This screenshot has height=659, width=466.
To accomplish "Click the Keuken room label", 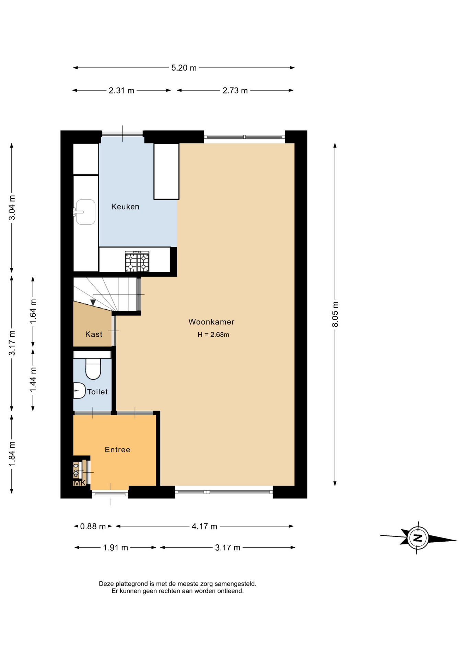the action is coord(125,207).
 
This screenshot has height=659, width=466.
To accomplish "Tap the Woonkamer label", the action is coord(211,322).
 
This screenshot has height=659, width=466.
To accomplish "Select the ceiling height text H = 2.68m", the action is coord(213,335).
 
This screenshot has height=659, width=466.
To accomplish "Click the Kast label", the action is coord(94,334).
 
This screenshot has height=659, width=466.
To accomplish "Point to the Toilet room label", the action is coord(97,392).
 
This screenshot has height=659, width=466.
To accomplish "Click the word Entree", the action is coord(117,450).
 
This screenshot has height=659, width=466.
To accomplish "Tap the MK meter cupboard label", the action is coord(80,483).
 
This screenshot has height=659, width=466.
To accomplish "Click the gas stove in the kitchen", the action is coord(137,262).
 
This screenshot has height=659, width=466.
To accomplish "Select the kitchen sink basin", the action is coord(85,212).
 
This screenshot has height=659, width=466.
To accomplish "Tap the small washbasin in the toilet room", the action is coord(79,391).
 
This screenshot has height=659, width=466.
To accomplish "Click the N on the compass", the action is coord(418,538).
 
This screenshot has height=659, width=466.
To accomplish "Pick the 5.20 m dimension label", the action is coord(184,68).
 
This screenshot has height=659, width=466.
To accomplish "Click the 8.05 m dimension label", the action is coord(335,314).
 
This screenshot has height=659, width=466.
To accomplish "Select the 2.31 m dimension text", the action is coord(121,91).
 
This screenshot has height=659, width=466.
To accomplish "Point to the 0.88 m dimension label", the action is coord(93,527).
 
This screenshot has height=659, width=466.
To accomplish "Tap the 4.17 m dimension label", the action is coord(205,527).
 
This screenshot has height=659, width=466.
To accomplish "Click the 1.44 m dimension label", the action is coord(33,380).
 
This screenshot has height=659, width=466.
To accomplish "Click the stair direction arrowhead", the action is coord(93,302).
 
